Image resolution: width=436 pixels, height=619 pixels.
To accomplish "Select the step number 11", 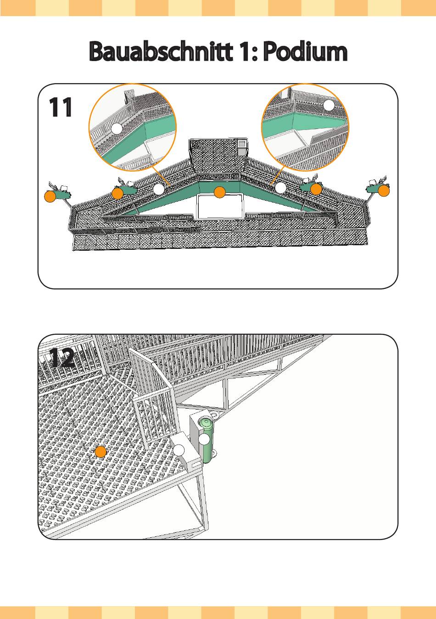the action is (61, 108).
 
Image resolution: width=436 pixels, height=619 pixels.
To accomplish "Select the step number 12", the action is (61, 358).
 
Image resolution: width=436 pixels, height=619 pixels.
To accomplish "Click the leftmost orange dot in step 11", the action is (50, 197).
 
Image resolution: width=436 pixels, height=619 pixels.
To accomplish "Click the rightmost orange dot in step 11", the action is (384, 190).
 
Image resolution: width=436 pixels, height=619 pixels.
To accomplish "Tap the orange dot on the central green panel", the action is (220, 193).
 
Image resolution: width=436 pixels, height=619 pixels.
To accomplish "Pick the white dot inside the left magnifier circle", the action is (117, 129).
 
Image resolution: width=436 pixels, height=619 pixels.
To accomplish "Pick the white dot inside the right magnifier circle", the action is (329, 106).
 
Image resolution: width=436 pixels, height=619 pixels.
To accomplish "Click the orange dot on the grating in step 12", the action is (101, 452).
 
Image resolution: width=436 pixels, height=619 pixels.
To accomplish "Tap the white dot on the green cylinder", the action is (204, 439).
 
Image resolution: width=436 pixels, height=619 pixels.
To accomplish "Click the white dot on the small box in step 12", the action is (179, 450).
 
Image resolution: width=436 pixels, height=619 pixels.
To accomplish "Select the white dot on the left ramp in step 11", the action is (158, 189).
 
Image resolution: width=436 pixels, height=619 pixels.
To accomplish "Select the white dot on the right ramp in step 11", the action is (281, 188).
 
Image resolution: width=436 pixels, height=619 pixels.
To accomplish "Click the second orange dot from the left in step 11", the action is (118, 194).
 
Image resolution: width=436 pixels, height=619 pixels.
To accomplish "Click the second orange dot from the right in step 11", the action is (316, 189).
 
